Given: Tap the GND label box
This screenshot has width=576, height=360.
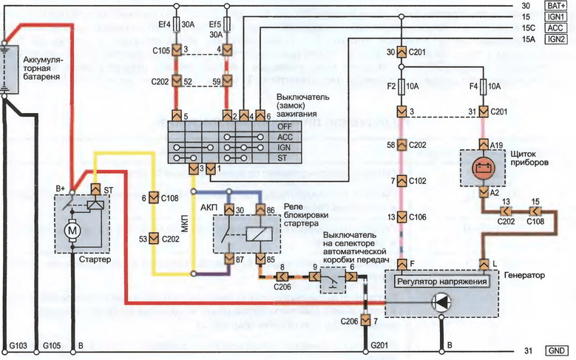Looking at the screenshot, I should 555,350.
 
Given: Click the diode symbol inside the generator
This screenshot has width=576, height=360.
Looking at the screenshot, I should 441,301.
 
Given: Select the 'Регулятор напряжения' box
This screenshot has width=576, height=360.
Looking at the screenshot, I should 441,282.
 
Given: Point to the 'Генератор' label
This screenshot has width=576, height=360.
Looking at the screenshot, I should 524,275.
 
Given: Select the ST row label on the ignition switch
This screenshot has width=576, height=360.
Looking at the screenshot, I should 262,157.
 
